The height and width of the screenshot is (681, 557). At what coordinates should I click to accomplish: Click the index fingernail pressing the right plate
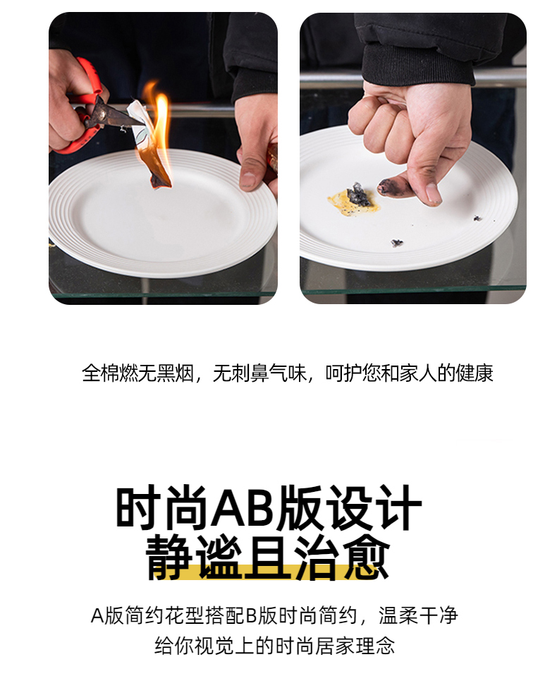click(x=433, y=193)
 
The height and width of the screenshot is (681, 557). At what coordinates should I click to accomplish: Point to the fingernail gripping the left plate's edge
click(x=247, y=179)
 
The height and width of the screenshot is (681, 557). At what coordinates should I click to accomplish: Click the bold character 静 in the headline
click(x=169, y=558)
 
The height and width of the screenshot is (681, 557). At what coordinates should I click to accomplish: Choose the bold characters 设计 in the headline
click(x=373, y=507)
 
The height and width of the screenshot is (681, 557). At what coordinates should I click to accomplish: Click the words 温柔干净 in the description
click(x=418, y=615)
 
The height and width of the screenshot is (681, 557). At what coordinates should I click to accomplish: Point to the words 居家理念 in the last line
click(x=355, y=646)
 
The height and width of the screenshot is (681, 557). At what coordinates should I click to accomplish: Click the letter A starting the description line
click(x=97, y=616)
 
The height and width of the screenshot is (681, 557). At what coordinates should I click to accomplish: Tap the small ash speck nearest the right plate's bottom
click(x=396, y=243)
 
